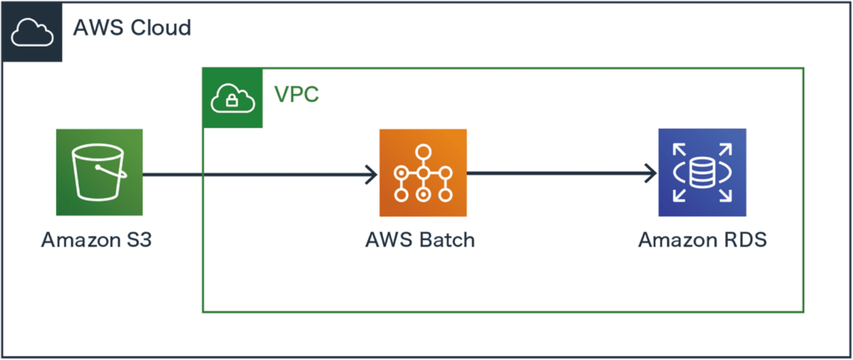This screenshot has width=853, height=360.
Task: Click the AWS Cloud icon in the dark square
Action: (x=32, y=32)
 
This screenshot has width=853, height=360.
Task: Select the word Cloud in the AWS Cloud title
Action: (x=161, y=28)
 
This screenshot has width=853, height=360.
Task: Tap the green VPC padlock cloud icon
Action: (x=233, y=98)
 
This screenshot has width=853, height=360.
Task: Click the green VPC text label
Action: (x=296, y=95)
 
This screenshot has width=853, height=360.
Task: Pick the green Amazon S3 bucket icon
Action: (x=100, y=172)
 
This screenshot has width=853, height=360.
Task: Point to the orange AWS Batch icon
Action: (x=423, y=173)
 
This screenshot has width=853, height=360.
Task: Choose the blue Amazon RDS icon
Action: (x=702, y=173)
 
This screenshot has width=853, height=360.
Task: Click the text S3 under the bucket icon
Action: (x=139, y=240)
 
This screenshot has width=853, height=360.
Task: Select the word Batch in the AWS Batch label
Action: (x=447, y=240)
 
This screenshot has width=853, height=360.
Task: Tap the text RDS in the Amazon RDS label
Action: (x=746, y=240)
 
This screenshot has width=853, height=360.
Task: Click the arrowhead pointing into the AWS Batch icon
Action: (x=372, y=175)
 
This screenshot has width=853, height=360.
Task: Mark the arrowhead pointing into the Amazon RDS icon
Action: (x=651, y=173)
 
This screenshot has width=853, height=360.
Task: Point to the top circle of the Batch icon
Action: (x=423, y=153)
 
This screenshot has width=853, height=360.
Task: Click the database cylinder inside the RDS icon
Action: (x=702, y=173)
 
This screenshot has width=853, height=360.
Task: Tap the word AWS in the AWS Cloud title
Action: (x=98, y=28)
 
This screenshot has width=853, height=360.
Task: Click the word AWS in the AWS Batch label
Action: (x=389, y=240)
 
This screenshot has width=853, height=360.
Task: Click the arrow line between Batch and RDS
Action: (x=558, y=173)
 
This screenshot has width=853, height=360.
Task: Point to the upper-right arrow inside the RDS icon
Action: (x=726, y=149)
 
